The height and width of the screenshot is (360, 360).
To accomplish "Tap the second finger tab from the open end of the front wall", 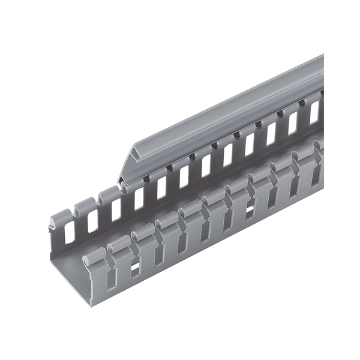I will click(x=119, y=242).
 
